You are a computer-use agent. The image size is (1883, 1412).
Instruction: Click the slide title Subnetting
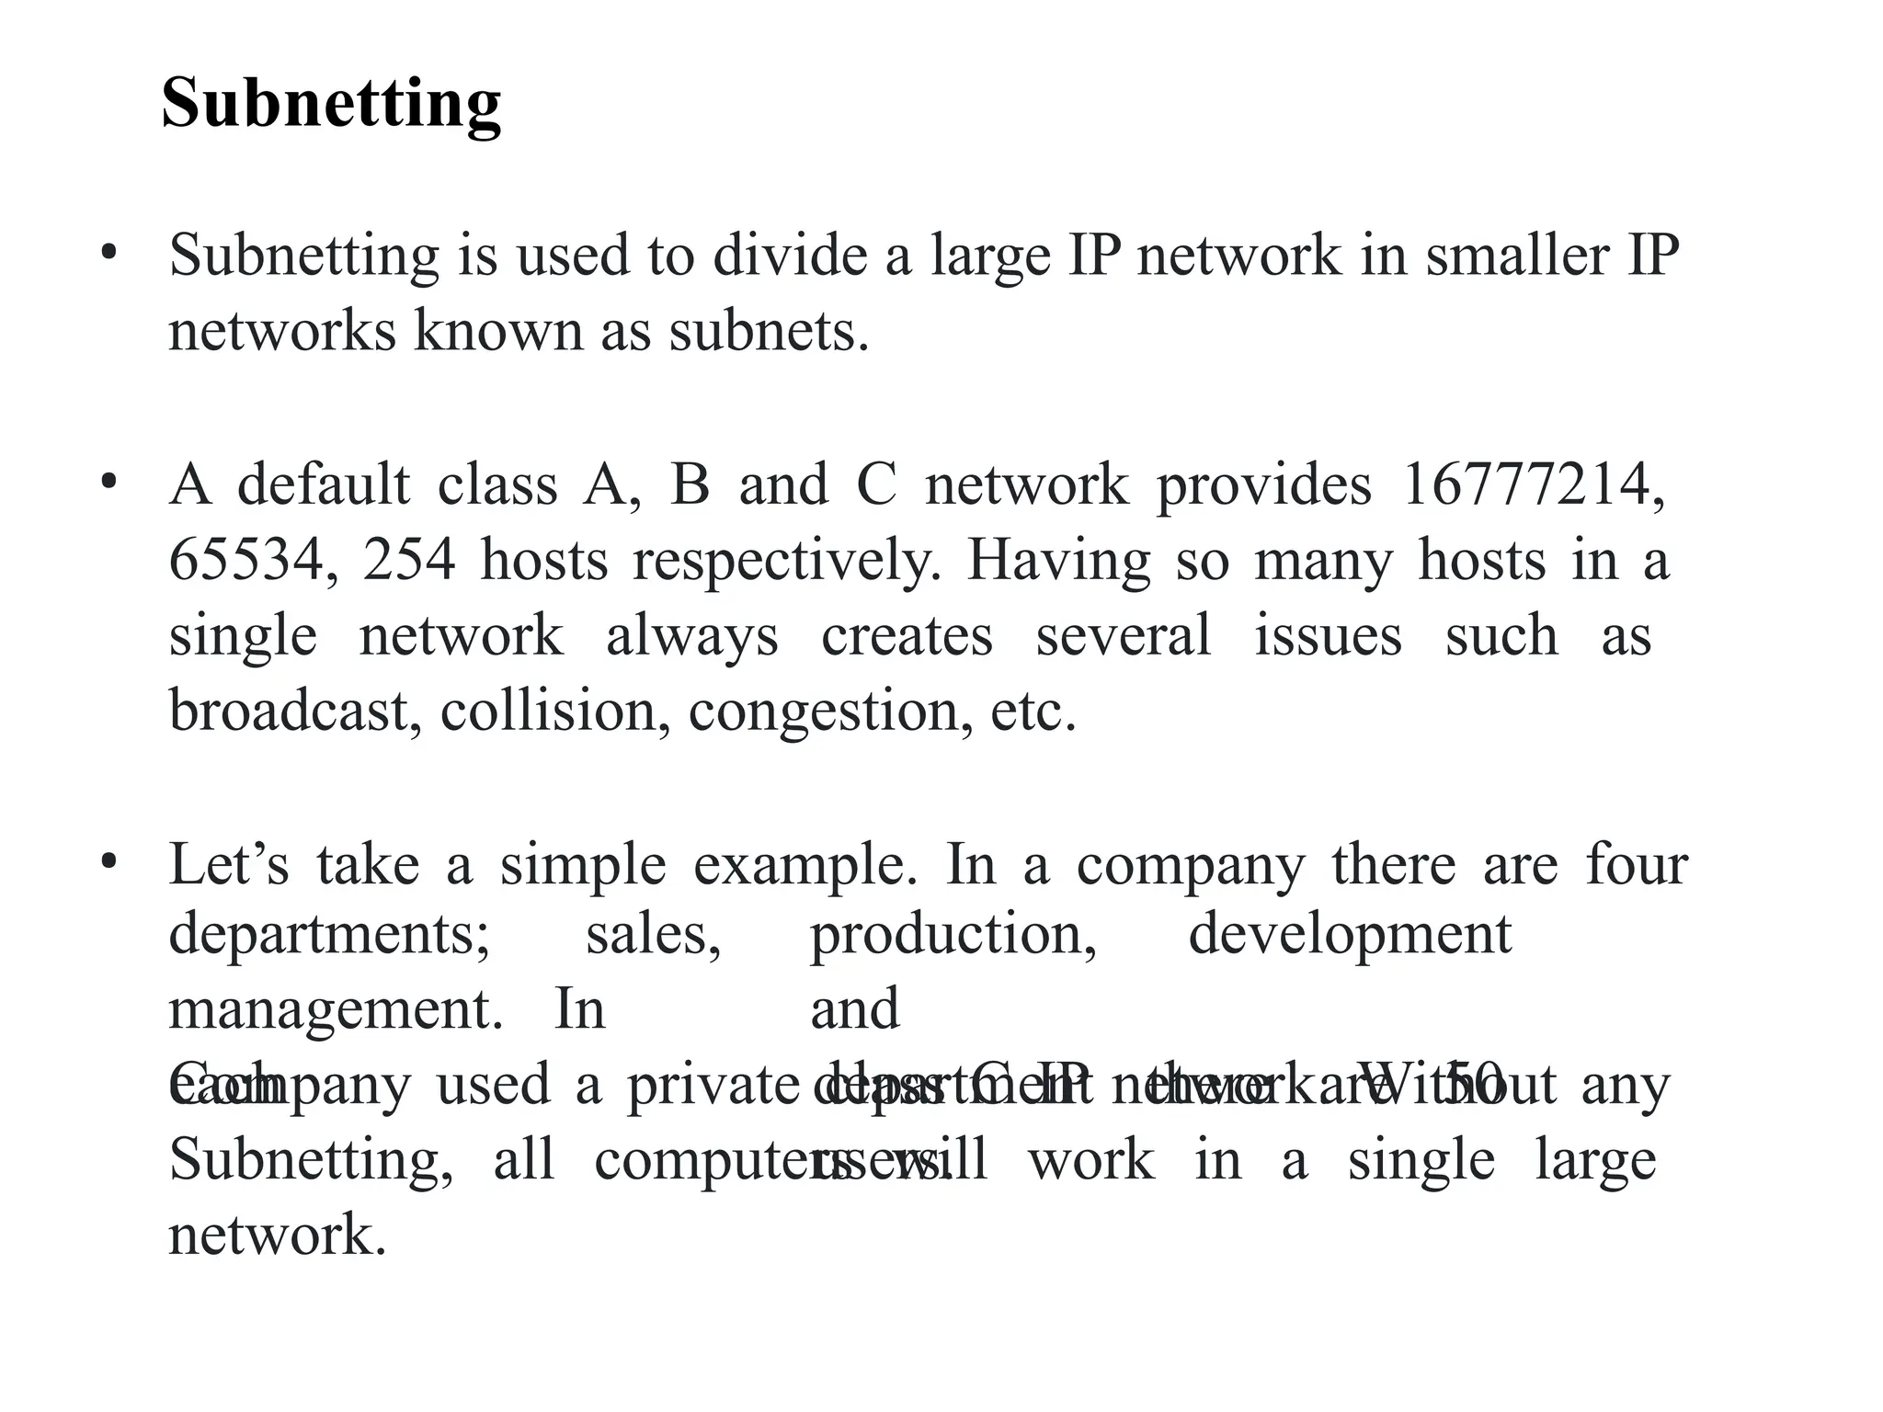pos(331,103)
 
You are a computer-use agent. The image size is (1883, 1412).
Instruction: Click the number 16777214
pos(1532,484)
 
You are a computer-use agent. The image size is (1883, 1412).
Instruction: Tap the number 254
pos(408,560)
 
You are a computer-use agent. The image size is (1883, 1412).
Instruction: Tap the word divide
pos(790,255)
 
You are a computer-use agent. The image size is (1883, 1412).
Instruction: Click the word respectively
pos(787,562)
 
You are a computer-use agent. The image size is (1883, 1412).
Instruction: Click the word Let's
pos(229,864)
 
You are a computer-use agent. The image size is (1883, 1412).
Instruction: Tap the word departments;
pos(329,936)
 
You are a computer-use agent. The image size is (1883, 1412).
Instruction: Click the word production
pos(953,936)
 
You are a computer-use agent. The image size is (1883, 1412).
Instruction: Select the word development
pos(1350,936)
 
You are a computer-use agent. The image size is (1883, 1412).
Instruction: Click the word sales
pos(653,934)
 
